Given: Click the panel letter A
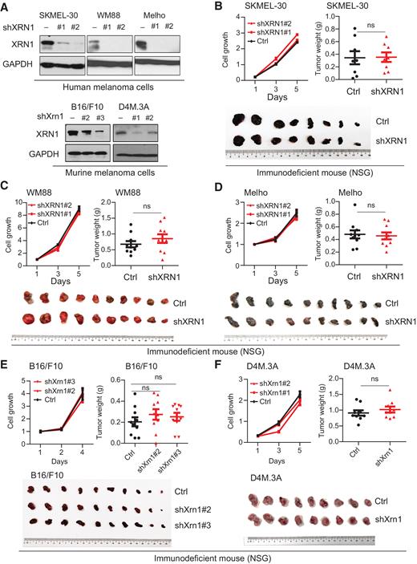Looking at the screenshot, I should (x=6, y=6).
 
